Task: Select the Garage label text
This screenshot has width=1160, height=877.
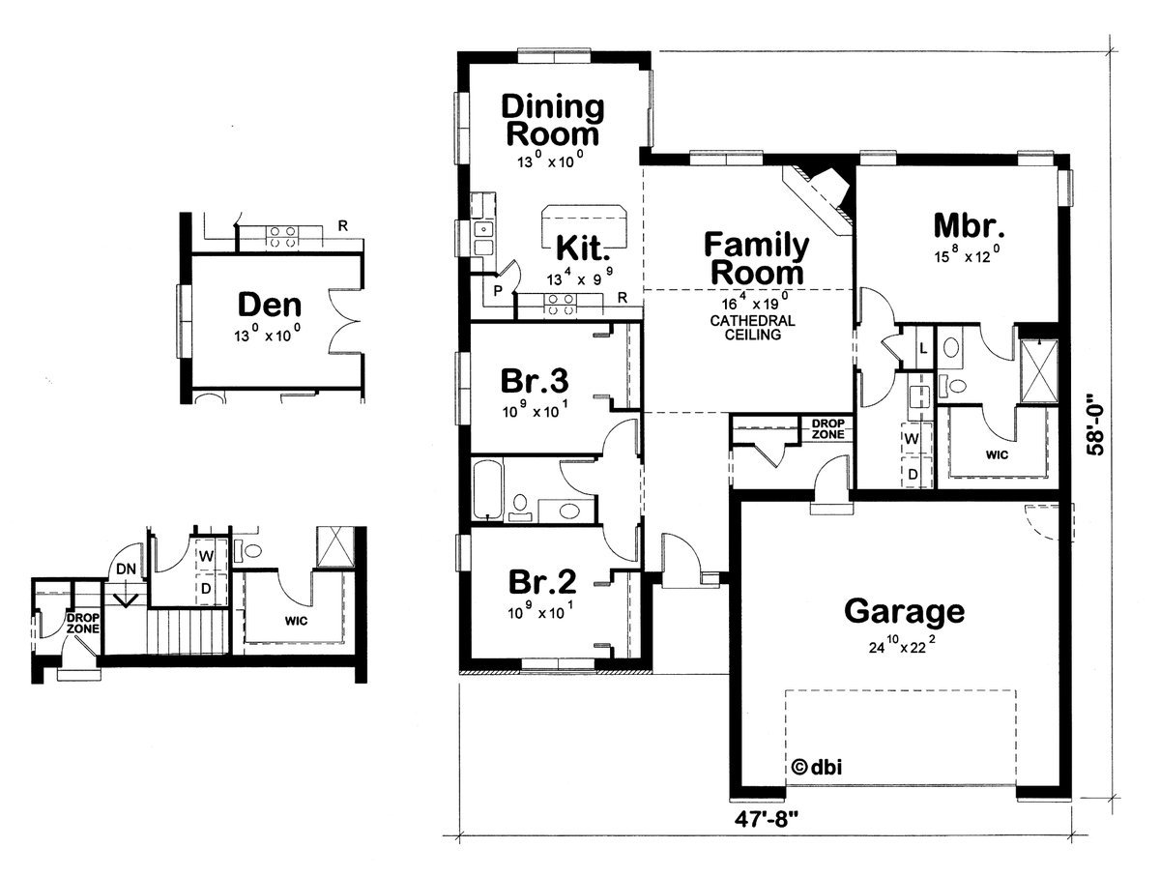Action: coord(904,611)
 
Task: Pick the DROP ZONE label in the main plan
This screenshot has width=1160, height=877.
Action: coord(827,429)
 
